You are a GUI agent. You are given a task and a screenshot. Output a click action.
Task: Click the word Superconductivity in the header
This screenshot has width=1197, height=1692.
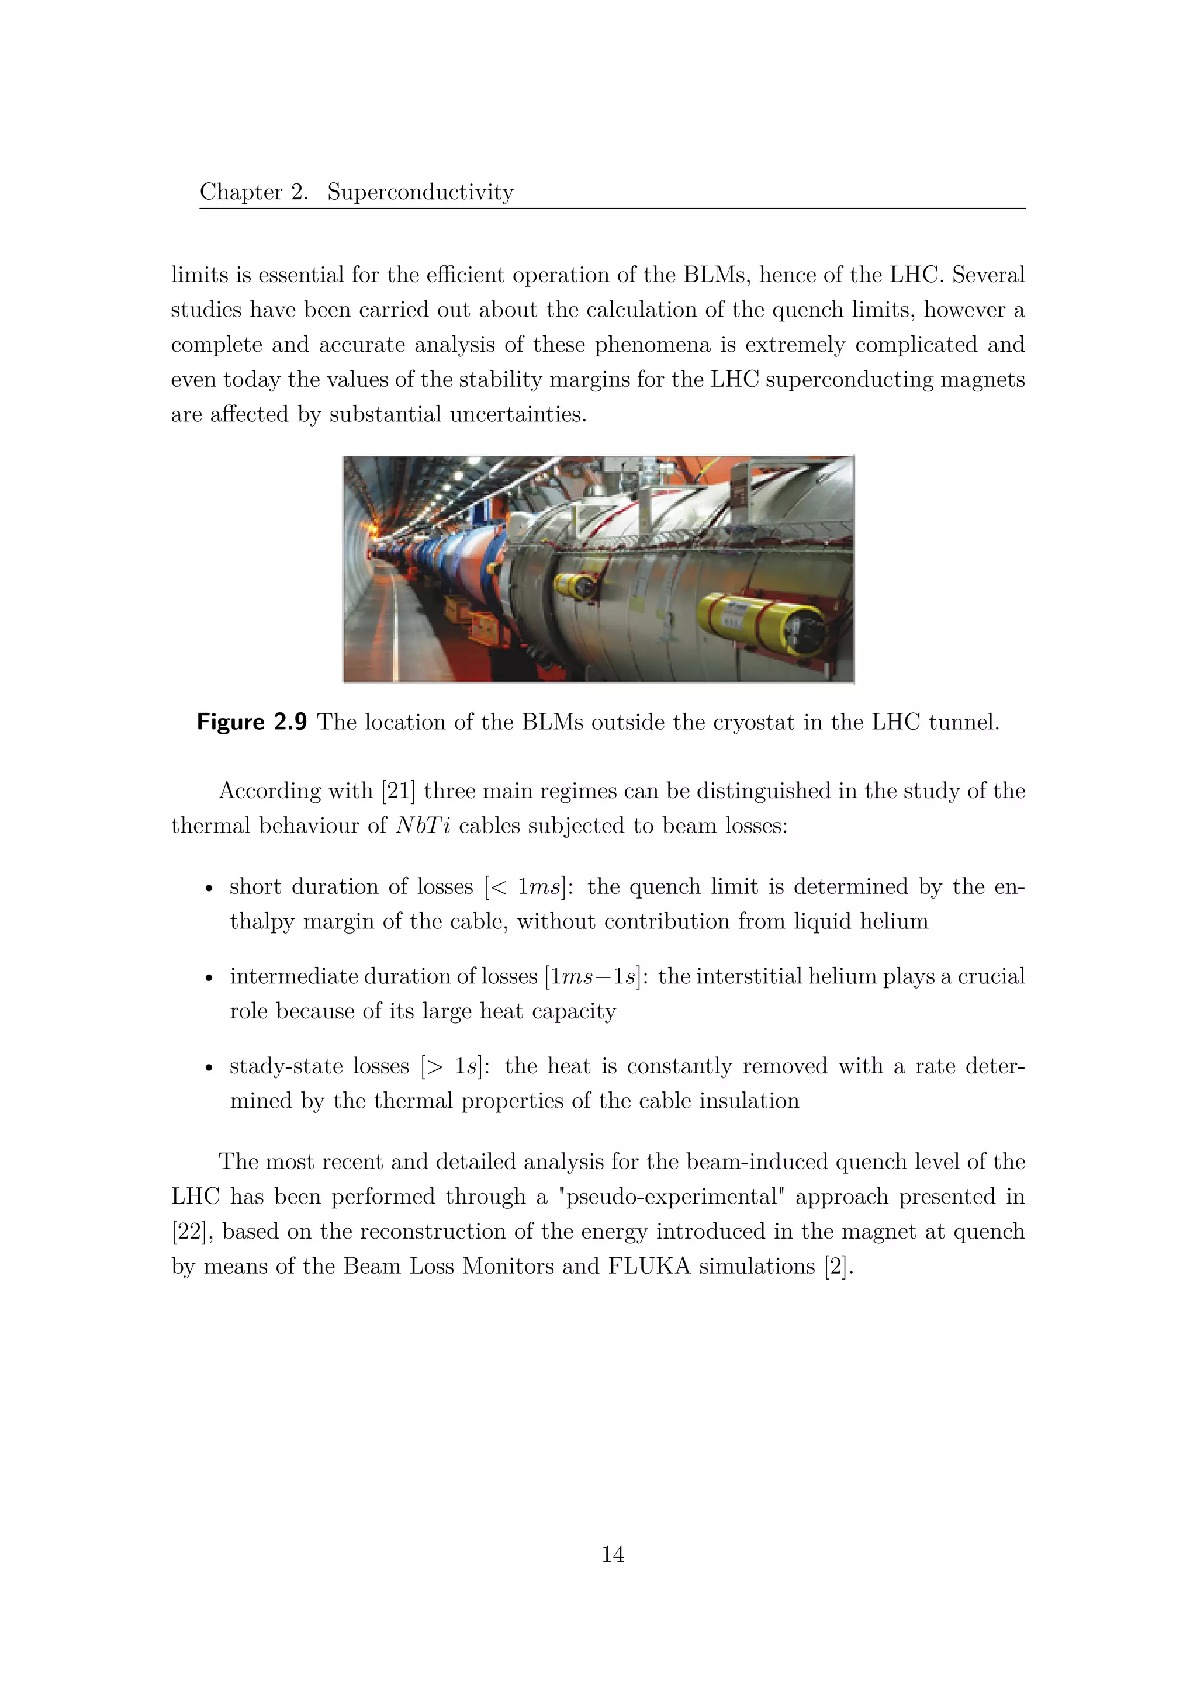point(420,192)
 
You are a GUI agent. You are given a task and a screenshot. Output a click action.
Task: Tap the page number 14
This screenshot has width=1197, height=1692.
point(613,1554)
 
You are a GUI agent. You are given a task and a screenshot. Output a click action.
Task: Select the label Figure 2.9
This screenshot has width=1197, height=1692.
point(251,722)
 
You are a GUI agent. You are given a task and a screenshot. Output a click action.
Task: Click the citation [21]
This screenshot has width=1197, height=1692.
point(398,790)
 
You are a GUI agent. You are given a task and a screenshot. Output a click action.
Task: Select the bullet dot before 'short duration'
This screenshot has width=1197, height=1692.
point(209,889)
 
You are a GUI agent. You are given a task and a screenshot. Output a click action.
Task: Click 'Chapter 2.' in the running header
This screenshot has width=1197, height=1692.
point(254,192)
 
